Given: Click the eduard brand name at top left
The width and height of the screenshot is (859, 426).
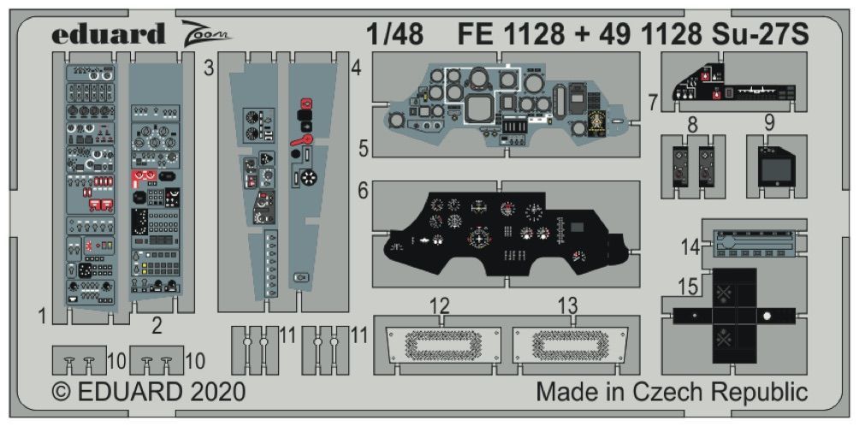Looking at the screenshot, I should click(108, 34).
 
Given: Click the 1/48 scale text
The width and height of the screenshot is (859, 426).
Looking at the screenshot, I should click(394, 34).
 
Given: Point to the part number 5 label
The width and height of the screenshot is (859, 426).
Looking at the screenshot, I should click(364, 149).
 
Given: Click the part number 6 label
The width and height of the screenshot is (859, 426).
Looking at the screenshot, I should click(363, 193).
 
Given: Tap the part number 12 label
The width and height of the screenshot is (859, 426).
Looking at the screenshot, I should click(440, 305).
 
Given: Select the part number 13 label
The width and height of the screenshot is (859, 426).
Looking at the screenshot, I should click(567, 305).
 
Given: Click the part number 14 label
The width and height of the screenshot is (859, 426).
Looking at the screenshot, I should click(690, 246).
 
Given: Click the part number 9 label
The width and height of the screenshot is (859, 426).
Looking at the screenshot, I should click(769, 122).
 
